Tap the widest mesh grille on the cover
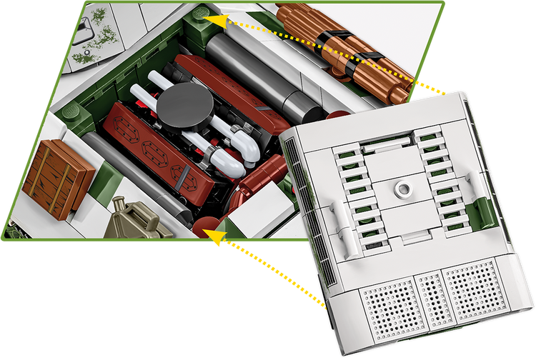(x=471, y=289)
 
